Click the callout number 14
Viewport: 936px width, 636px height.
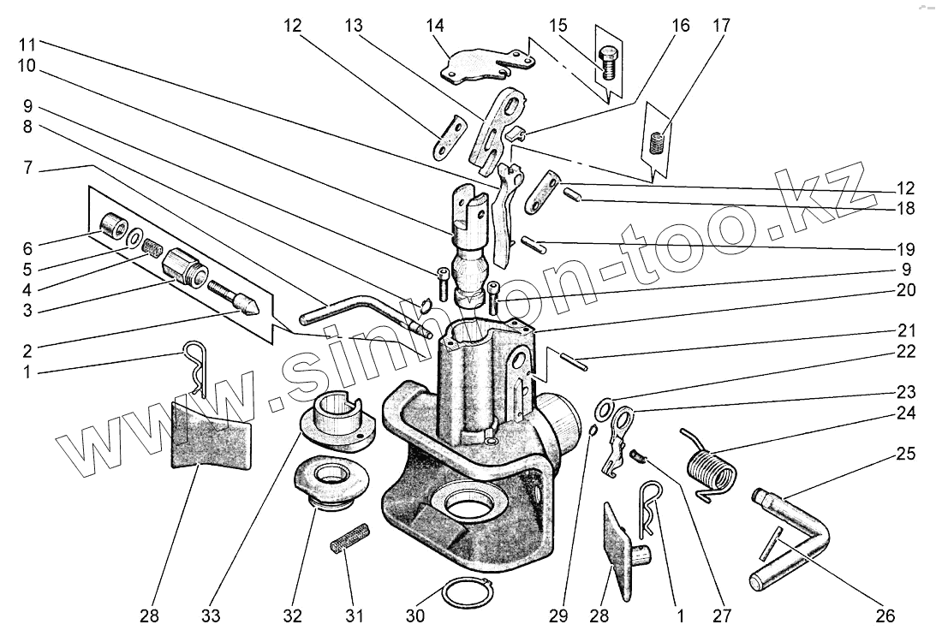point(435,26)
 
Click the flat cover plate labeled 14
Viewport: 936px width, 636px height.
point(476,65)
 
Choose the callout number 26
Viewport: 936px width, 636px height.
point(885,615)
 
